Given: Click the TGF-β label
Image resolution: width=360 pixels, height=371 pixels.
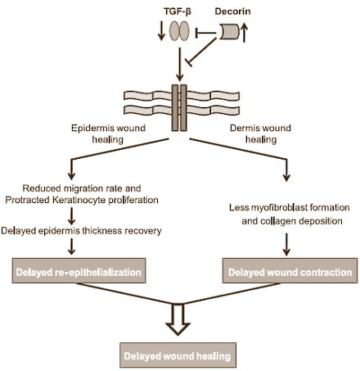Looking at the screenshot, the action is point(178,11).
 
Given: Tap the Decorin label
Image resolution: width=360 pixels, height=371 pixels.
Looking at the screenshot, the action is point(232,11).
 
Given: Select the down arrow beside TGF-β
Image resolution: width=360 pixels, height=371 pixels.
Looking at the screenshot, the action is point(161,31).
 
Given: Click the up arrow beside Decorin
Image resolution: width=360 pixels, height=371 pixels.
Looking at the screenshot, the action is point(244,33).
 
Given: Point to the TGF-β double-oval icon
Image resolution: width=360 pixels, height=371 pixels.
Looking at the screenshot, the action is point(179,31).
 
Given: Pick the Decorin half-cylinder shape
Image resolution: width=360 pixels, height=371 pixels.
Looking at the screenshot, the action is point(229,32).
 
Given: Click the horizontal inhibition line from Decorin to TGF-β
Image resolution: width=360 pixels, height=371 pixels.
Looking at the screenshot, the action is point(206,33).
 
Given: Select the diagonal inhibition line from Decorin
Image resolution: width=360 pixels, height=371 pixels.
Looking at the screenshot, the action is point(201,52).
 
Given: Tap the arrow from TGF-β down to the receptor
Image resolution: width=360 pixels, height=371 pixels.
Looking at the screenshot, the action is point(179,65).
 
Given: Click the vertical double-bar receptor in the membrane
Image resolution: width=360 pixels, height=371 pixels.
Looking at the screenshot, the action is point(179,108).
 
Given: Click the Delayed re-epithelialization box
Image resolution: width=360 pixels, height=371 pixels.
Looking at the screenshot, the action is point(79,270).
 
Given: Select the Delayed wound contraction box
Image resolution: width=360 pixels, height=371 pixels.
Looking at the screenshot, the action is point(290,270).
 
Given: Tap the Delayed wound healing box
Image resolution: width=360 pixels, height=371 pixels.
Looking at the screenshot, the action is point(178,355).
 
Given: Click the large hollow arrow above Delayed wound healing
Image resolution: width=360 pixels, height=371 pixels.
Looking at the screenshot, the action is point(178,319).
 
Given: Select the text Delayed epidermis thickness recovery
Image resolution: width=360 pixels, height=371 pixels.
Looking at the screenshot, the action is point(81,231).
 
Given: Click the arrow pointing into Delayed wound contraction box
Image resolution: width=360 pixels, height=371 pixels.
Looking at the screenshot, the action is point(286,244).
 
